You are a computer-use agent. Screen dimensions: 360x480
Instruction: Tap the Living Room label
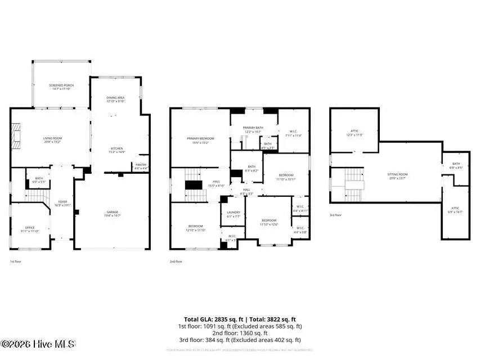(52, 139)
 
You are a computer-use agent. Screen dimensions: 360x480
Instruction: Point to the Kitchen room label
(117, 150)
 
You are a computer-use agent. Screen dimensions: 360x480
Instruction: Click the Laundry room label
(232, 214)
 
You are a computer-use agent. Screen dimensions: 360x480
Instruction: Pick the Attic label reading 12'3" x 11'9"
(354, 133)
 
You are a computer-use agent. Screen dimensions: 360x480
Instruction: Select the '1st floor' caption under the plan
(15, 262)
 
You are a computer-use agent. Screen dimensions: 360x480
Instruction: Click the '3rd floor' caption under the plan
(336, 215)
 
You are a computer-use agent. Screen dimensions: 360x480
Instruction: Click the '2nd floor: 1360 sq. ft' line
(240, 333)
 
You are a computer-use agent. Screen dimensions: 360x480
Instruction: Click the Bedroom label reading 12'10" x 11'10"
(196, 227)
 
